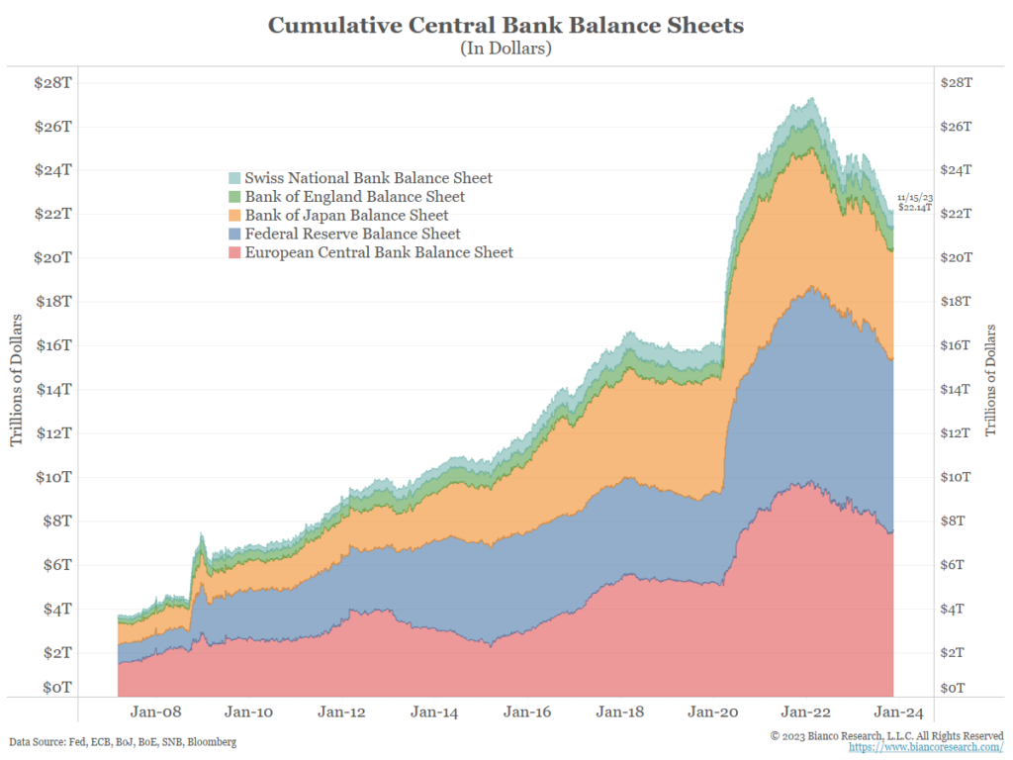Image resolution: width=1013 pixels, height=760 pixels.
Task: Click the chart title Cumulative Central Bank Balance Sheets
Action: coord(506,25)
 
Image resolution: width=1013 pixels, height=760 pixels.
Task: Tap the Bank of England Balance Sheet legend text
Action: coord(355,197)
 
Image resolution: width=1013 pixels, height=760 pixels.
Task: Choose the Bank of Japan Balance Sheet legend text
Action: coord(346,216)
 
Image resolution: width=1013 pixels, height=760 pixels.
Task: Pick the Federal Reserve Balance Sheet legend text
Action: coord(352,235)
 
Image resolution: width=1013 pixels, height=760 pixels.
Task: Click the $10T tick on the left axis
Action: coord(53,477)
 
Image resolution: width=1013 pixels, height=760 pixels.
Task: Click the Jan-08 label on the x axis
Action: coord(155,711)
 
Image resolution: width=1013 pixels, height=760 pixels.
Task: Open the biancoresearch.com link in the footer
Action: coord(919,747)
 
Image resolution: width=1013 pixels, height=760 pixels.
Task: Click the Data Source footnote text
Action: coord(123,741)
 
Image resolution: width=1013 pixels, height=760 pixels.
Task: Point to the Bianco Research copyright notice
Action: coord(886,735)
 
